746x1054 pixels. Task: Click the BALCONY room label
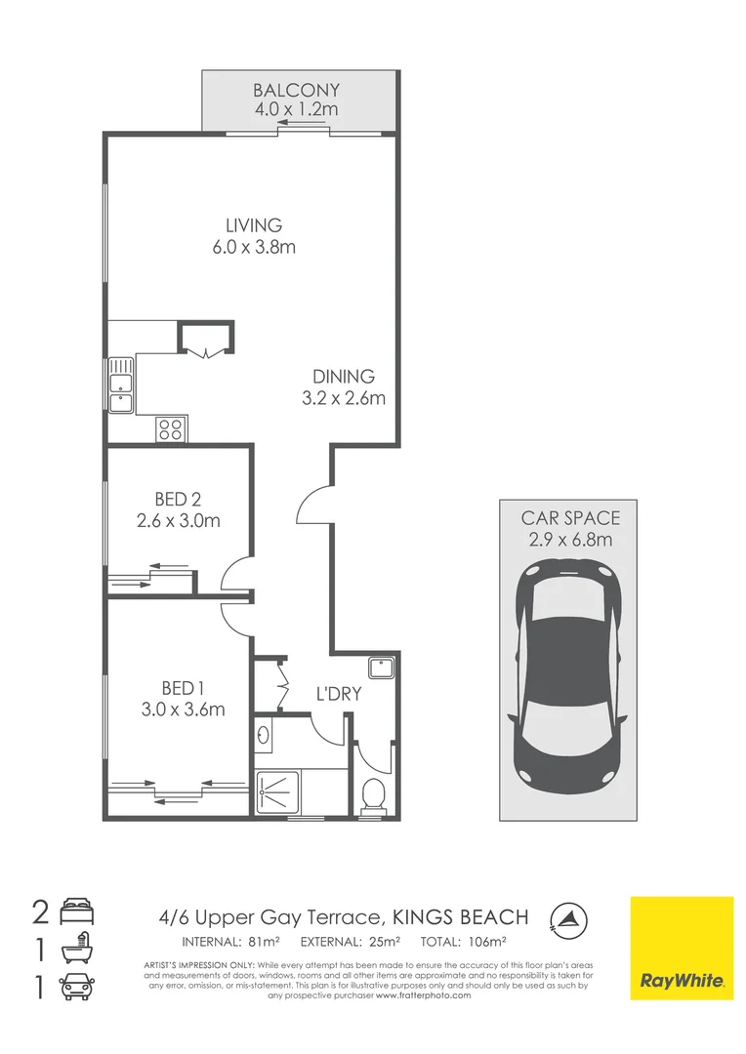(296, 90)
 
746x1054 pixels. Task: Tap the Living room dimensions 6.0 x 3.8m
(254, 247)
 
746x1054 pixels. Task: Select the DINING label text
(343, 377)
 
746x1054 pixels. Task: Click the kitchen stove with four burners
(171, 427)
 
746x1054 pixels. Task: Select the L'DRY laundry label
(339, 694)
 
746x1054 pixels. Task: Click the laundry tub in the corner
(381, 669)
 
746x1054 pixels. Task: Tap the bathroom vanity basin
(265, 733)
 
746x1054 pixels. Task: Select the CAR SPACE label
(570, 518)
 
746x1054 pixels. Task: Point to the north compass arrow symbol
(565, 916)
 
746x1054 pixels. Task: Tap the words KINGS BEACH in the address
(460, 917)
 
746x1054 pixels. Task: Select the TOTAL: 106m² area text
(463, 943)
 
